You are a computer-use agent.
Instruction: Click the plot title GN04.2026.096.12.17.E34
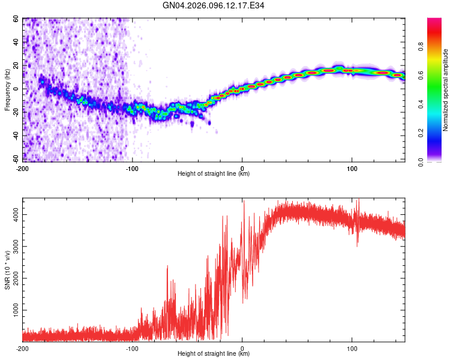pos(214,5)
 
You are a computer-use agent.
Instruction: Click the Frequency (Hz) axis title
pos(7,90)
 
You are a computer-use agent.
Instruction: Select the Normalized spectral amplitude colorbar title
pos(446,90)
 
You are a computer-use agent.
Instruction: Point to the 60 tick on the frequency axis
pos(16,19)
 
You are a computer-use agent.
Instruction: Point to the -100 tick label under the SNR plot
pos(132,349)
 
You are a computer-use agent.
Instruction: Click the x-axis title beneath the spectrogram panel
pos(214,174)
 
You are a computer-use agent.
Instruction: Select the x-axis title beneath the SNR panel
pos(214,353)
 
